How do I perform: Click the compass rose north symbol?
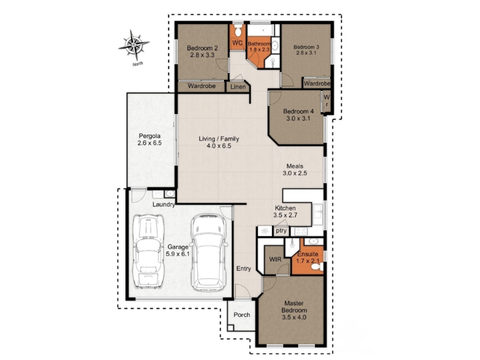(x=134, y=46)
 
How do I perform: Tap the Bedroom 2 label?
(x=202, y=48)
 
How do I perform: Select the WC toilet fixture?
(x=238, y=31)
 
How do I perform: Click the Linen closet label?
(x=238, y=87)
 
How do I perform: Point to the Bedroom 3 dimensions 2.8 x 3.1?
(x=306, y=53)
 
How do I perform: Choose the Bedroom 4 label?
(x=298, y=112)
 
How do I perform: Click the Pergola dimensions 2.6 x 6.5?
(x=149, y=143)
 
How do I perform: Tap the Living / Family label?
(x=219, y=139)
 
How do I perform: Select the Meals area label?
(x=295, y=166)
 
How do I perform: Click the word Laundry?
(x=164, y=204)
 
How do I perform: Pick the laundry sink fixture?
(x=170, y=194)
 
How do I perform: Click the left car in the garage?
(x=148, y=251)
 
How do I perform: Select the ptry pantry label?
(x=281, y=230)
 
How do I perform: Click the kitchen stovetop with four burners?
(x=301, y=231)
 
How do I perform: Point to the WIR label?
(x=275, y=260)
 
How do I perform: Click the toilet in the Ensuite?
(x=317, y=267)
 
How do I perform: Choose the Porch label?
(x=242, y=314)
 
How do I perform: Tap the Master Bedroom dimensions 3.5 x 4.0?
(x=294, y=317)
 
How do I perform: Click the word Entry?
(x=244, y=269)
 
